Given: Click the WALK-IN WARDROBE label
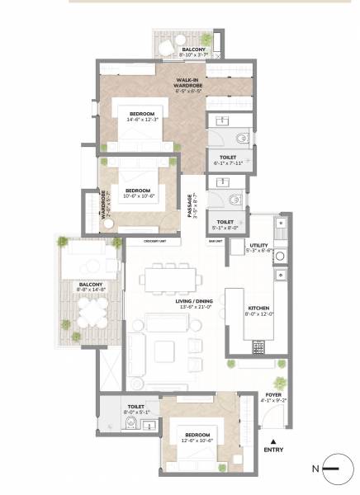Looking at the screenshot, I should [184, 81].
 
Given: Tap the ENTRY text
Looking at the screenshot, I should [272, 450].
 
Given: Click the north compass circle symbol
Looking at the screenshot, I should [338, 469].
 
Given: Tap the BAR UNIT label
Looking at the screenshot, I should [216, 241].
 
